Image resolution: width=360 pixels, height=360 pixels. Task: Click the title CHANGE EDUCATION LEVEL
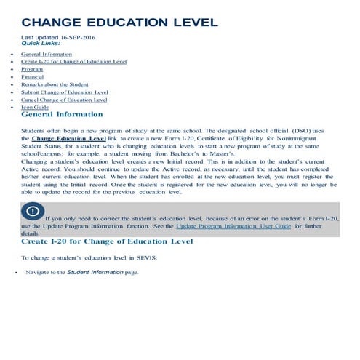[x=120, y=23]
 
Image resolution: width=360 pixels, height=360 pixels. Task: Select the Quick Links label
[x=41, y=43]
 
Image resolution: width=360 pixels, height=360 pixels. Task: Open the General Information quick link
[x=47, y=54]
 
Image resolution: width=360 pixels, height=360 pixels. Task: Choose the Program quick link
[x=32, y=69]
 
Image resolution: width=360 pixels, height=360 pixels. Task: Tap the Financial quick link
[x=33, y=76]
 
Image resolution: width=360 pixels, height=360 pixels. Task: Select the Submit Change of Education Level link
[x=65, y=92]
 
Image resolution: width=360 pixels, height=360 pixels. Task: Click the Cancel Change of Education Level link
[x=64, y=100]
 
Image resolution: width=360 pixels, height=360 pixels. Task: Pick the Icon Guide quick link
[x=35, y=107]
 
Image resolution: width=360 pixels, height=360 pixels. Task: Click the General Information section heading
[x=63, y=114]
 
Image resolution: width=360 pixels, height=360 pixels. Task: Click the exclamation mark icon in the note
[x=32, y=212]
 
